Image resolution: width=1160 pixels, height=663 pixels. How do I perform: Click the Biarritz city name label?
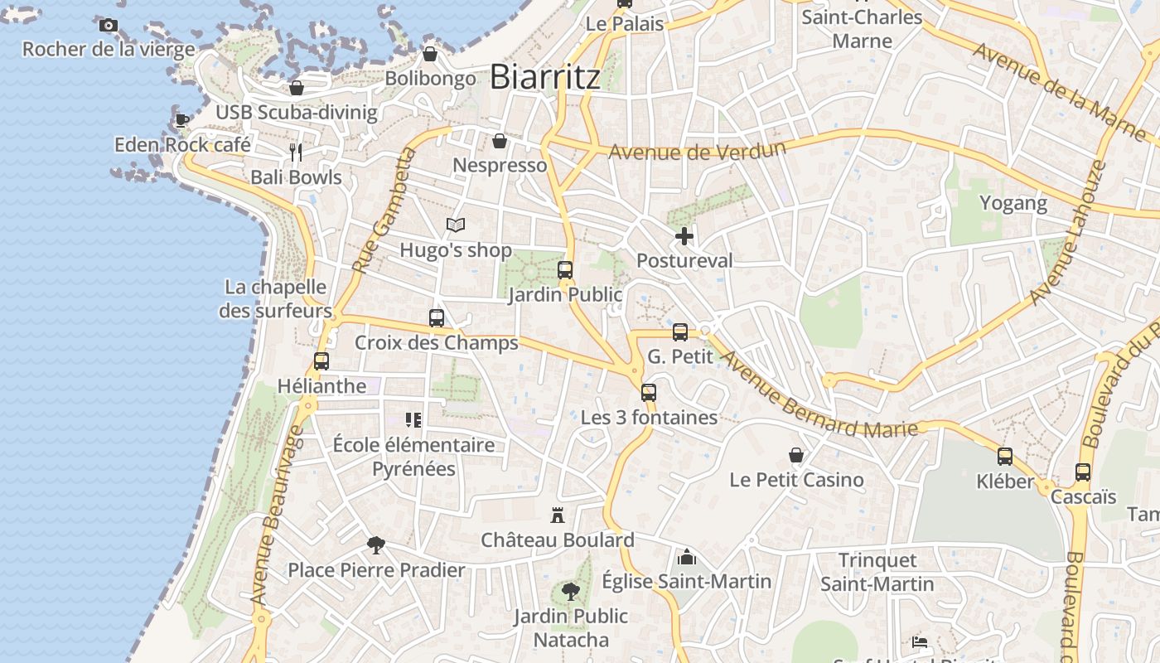click(544, 77)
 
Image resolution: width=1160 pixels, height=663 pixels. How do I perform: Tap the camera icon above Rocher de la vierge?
click(109, 26)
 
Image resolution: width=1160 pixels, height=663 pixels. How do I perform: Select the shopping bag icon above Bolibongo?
click(430, 55)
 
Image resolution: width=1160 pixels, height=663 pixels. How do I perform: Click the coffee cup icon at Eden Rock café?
click(182, 121)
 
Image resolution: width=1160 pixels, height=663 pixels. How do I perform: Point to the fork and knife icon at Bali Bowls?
click(296, 152)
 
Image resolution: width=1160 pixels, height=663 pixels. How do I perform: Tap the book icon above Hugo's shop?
click(456, 225)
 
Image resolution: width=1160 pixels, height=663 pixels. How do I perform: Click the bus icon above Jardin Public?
click(565, 270)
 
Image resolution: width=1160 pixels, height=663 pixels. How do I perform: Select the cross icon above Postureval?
click(684, 237)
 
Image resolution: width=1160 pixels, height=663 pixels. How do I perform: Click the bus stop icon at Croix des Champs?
click(437, 318)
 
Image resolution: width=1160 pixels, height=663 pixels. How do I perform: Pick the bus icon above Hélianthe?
click(321, 361)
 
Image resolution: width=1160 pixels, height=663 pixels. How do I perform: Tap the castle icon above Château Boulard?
click(558, 515)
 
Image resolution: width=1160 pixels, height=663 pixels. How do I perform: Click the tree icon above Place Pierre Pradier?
click(376, 544)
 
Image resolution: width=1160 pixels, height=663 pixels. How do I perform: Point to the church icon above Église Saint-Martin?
click(686, 557)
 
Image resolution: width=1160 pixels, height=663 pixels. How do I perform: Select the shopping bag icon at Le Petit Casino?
click(796, 455)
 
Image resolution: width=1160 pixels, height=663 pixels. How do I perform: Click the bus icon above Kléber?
click(1005, 457)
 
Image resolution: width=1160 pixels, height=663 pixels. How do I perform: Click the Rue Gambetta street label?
click(382, 211)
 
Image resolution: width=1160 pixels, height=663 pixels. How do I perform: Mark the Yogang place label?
click(1013, 203)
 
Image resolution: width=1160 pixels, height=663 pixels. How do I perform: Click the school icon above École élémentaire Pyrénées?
click(413, 420)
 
